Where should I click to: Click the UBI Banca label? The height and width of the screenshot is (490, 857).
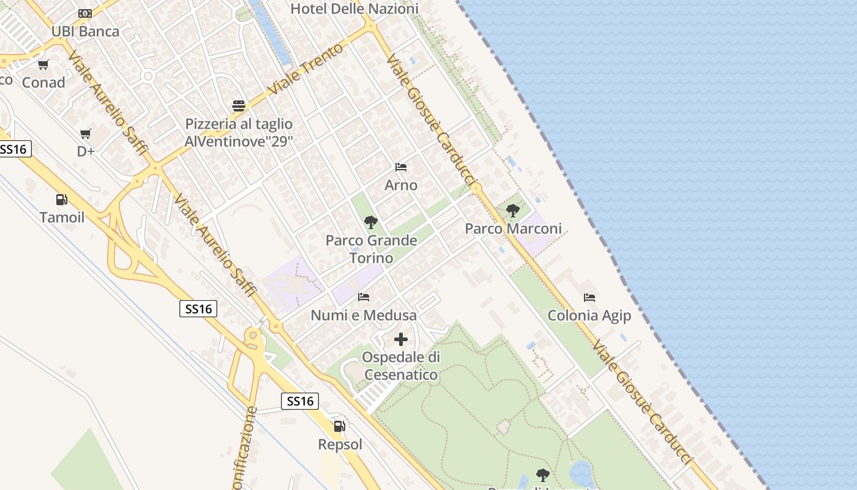point(85,31)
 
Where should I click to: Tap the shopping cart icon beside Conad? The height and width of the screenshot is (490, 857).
point(43,64)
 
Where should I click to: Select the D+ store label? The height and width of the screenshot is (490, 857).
point(86,151)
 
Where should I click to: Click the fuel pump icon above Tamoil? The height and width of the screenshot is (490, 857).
point(61,199)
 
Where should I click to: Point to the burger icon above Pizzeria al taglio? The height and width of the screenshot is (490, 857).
point(239,105)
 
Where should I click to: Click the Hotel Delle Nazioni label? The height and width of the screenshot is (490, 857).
point(354,9)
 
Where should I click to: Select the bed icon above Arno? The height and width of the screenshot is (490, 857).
point(401,167)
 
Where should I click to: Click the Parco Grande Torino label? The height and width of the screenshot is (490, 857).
point(371,249)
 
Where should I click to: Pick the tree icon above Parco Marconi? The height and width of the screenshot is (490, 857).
point(513,211)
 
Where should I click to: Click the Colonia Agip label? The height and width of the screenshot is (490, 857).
point(589,315)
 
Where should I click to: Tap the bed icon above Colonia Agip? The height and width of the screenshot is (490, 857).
point(589,298)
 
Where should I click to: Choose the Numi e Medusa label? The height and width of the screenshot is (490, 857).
point(364,315)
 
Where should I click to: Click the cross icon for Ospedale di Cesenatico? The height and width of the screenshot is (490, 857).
point(401,339)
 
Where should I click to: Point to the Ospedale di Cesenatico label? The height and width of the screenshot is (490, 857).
point(401,366)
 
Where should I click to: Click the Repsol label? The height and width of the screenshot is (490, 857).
point(340,444)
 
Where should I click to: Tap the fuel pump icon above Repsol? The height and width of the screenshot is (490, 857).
point(339,426)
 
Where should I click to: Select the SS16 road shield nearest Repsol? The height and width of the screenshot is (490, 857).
point(300,401)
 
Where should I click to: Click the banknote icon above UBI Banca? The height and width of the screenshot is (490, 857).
point(85,13)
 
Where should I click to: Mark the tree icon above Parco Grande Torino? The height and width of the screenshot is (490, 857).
point(370,222)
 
